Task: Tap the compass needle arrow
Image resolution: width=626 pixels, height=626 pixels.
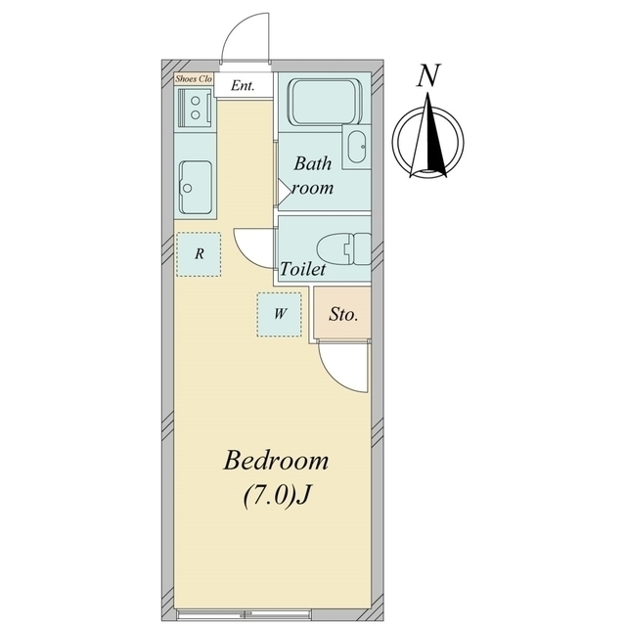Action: point(428,135)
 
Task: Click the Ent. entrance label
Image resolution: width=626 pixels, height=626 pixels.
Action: point(243,85)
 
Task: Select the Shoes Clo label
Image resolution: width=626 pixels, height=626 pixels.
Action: point(194,78)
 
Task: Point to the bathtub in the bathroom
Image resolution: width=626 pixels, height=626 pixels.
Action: point(327,102)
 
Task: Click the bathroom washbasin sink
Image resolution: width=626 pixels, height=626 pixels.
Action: point(356,147)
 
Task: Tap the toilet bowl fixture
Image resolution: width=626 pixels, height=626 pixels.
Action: point(343,248)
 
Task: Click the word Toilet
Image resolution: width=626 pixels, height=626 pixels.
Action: point(302,269)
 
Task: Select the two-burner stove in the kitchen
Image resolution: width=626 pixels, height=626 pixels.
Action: point(195,107)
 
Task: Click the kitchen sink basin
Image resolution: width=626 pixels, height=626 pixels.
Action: point(196,187)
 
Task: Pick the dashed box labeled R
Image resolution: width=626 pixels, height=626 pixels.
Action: point(199,254)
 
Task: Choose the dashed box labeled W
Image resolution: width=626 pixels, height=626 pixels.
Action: point(280,315)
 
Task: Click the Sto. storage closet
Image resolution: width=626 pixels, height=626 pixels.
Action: point(342,313)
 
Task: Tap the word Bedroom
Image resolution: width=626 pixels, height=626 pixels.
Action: point(276,460)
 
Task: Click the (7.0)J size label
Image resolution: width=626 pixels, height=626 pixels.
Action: point(277,496)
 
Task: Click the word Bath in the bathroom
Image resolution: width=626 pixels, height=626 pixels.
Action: point(312,163)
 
